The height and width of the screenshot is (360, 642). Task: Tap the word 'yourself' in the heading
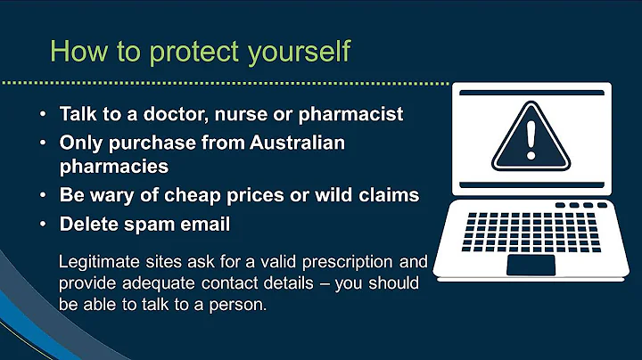(x=298, y=51)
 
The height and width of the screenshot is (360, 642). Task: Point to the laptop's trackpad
(x=531, y=265)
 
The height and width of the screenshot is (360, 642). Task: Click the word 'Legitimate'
(x=99, y=263)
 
